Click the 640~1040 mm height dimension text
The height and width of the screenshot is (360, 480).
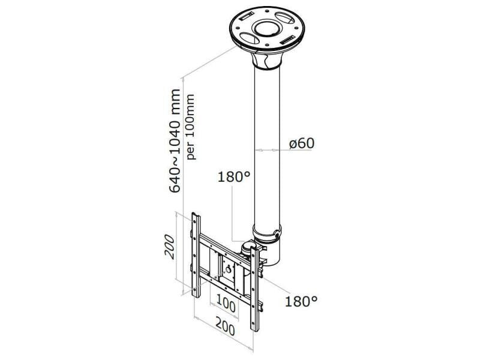(x=175, y=140)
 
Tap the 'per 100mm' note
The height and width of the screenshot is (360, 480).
(x=190, y=127)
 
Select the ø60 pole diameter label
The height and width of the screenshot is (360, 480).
(x=302, y=143)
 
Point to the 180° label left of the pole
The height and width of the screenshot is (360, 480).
(x=234, y=177)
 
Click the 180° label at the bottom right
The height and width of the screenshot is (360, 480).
(x=301, y=302)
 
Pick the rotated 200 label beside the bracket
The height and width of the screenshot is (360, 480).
(x=169, y=247)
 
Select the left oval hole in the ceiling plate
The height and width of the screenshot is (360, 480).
(x=249, y=38)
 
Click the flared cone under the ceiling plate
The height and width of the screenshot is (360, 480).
(x=266, y=59)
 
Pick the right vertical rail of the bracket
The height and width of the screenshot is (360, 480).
(x=254, y=289)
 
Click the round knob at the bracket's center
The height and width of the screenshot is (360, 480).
(x=228, y=270)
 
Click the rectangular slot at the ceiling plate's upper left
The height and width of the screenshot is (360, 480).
(x=247, y=16)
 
